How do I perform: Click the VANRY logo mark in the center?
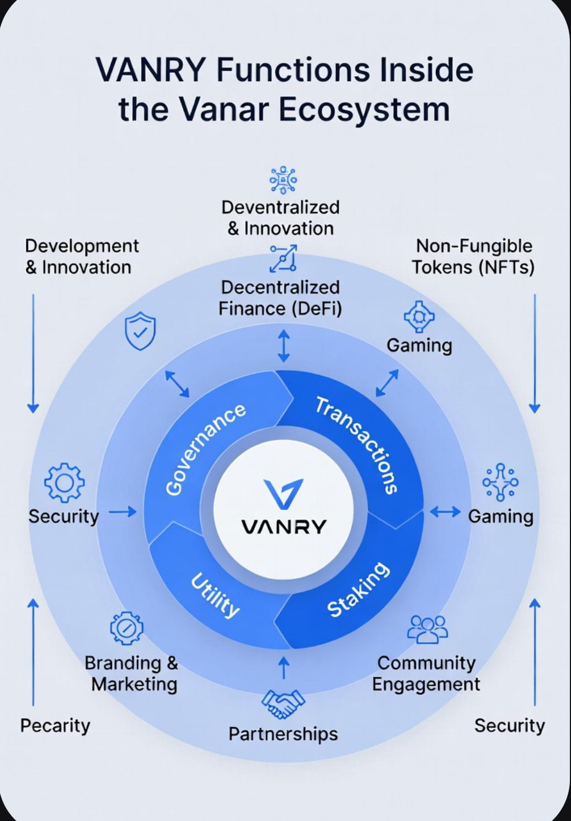click(x=284, y=493)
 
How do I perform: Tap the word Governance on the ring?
click(x=206, y=449)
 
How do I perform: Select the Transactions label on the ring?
click(x=357, y=445)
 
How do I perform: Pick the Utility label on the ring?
click(x=215, y=595)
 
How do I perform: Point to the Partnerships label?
click(x=283, y=734)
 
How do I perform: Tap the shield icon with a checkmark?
click(x=140, y=330)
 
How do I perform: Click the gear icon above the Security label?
click(x=64, y=482)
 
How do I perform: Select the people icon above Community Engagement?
click(x=427, y=629)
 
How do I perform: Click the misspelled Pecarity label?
click(x=55, y=725)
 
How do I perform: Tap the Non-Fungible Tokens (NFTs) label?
click(x=473, y=257)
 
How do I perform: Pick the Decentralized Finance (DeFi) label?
click(x=280, y=298)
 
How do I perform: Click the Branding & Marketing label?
click(x=132, y=673)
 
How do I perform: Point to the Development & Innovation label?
click(x=82, y=257)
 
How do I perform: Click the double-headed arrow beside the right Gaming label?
click(x=445, y=512)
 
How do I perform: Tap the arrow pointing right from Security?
click(x=122, y=512)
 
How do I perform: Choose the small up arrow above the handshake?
click(x=284, y=668)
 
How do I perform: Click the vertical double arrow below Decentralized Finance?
click(x=284, y=346)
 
